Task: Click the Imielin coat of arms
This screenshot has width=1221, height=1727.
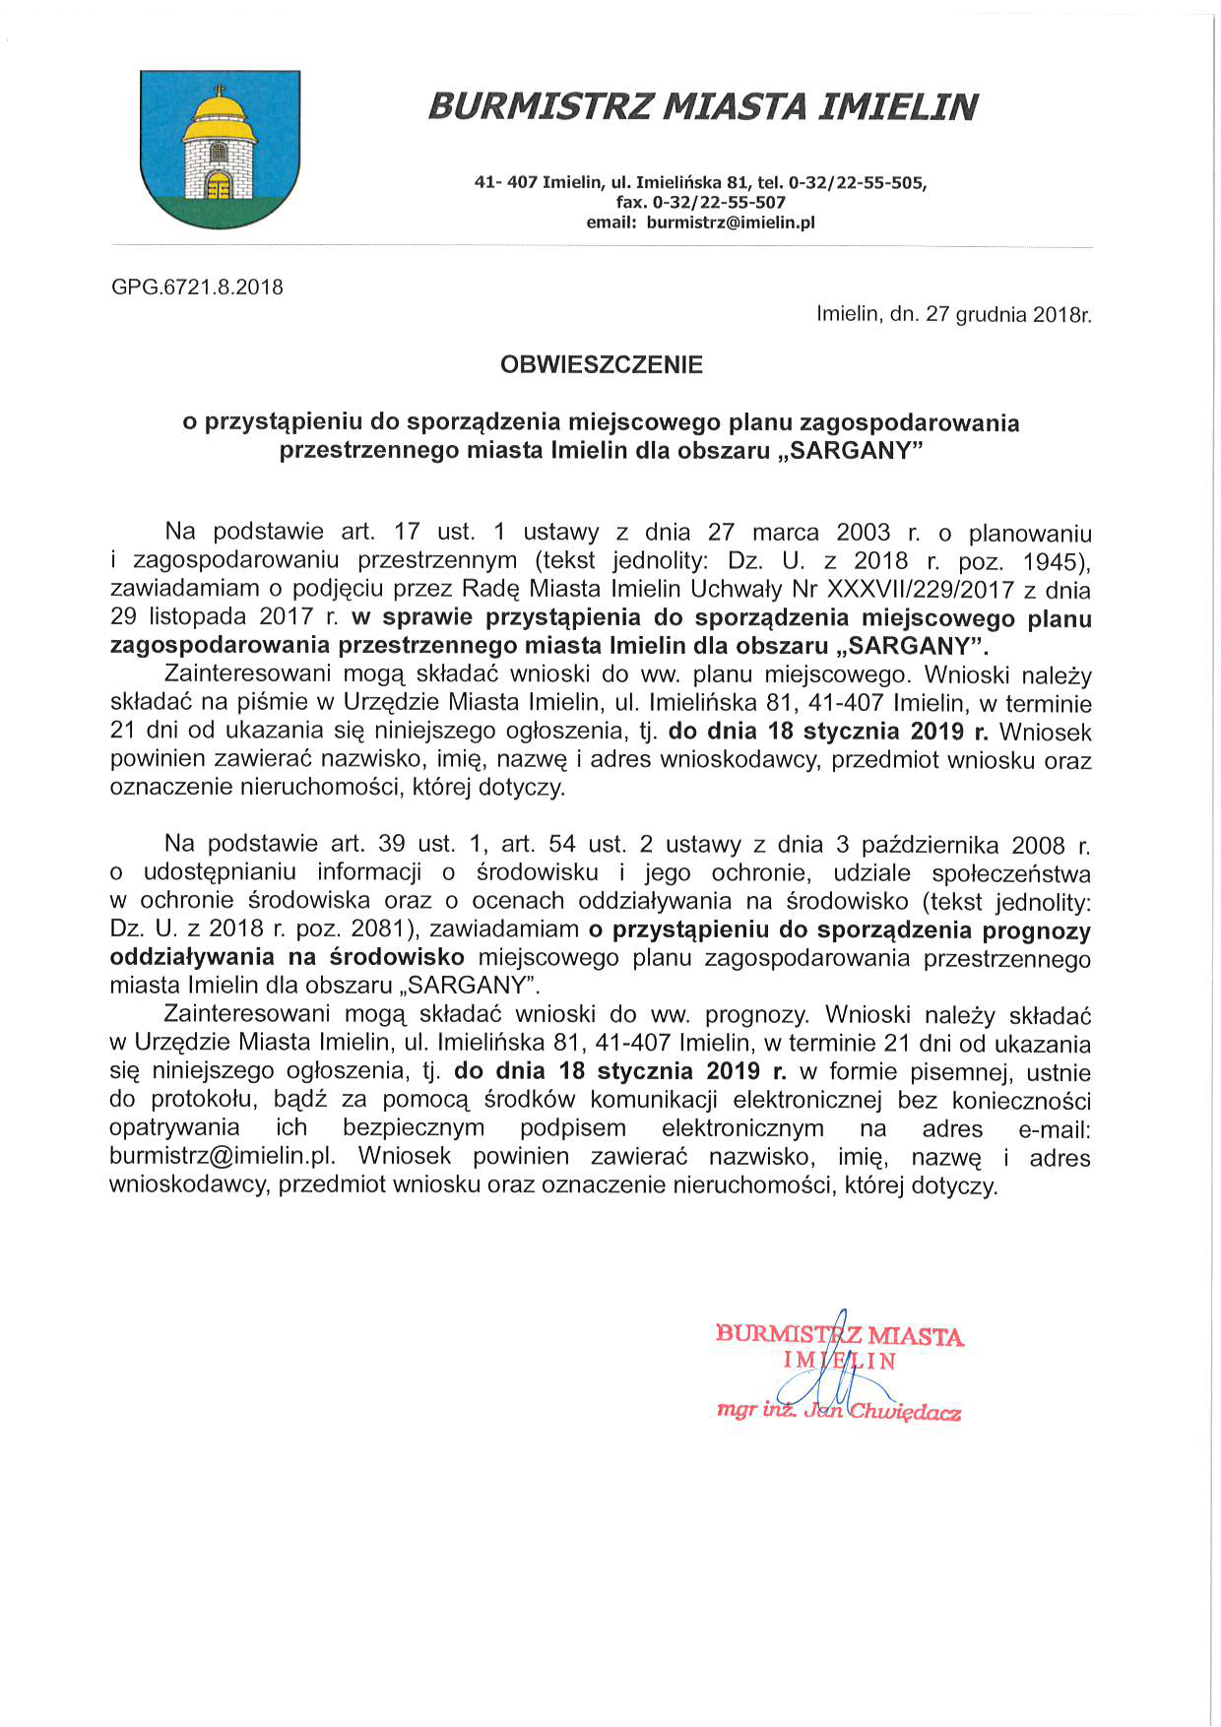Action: click(x=220, y=149)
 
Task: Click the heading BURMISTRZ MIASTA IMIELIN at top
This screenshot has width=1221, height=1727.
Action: click(x=703, y=106)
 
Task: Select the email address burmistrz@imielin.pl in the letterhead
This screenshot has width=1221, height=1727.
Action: click(x=731, y=223)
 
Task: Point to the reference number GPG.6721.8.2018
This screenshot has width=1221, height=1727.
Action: click(x=197, y=288)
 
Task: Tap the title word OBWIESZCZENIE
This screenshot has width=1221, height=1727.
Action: click(x=602, y=365)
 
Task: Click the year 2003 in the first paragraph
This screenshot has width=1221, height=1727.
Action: click(x=864, y=533)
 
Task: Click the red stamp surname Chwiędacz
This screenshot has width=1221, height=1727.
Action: click(x=906, y=1412)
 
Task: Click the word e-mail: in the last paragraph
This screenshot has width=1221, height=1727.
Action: click(x=1055, y=1129)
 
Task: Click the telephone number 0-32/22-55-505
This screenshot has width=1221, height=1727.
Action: click(x=857, y=183)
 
